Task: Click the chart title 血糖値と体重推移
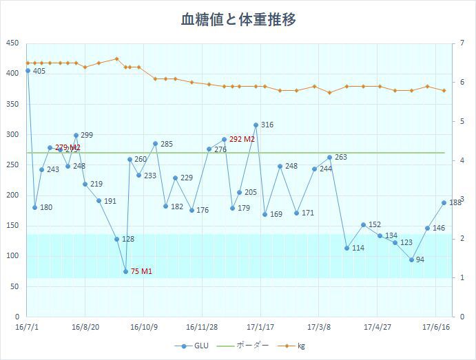[x=238, y=19]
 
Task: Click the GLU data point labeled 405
[x=28, y=70]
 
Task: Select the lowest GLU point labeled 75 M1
[x=126, y=271]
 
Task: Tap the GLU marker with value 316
[x=256, y=125]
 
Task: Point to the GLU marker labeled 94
[x=411, y=260]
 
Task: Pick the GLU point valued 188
[x=444, y=202]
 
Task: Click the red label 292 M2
[x=242, y=139]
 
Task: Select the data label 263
[x=341, y=158]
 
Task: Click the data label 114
[x=358, y=248]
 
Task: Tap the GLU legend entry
[x=196, y=346]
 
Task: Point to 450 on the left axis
[x=12, y=43]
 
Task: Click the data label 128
[x=128, y=239]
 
